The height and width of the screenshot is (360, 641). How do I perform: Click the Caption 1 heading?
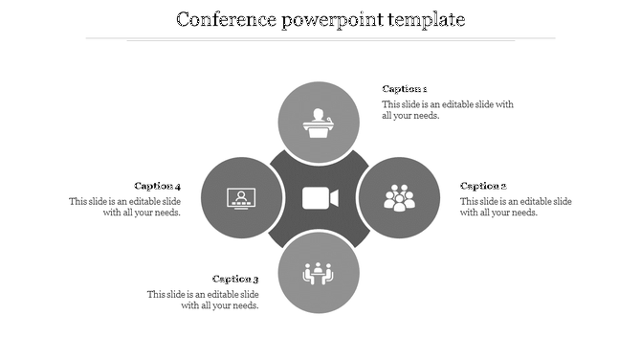404,89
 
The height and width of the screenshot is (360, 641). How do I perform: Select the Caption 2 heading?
483,186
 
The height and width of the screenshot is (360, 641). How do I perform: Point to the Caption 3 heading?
235,280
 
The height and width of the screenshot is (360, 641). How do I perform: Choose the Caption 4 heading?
157,186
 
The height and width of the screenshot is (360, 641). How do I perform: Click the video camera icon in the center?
320,198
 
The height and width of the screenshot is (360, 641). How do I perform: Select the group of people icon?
399,198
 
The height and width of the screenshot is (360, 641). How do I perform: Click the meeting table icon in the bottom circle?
319,274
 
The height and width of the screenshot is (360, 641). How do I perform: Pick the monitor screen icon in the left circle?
241,198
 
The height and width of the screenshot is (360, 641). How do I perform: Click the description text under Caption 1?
447,110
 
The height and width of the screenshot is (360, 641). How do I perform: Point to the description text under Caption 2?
515,207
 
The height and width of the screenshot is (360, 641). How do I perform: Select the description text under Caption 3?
203,300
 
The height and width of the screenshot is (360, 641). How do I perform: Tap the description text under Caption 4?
125,207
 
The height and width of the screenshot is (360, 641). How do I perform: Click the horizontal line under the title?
320,39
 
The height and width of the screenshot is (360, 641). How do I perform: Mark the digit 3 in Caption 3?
255,280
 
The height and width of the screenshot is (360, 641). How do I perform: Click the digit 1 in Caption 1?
424,89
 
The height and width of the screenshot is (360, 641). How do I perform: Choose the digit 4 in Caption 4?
177,186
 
